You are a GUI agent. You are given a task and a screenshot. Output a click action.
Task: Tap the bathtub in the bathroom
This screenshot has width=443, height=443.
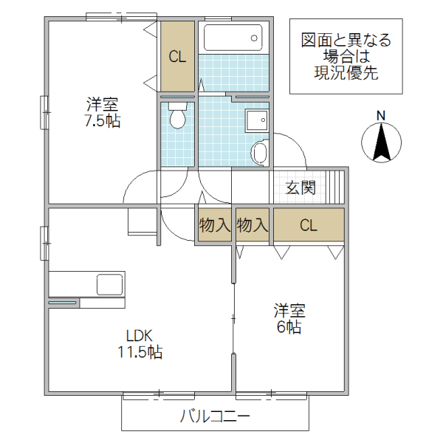click(x=233, y=37)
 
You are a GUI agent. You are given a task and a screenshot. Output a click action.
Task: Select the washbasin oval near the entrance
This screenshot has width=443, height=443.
click(x=259, y=153)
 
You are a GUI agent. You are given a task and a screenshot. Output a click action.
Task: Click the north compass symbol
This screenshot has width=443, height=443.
click(x=382, y=141)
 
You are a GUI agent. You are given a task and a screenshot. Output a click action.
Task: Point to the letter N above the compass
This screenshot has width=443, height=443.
click(x=381, y=115)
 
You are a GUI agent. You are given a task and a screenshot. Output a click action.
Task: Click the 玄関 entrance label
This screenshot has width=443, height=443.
click(x=301, y=188)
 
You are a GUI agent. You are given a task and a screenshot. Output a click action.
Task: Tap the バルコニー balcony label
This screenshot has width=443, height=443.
click(x=215, y=416)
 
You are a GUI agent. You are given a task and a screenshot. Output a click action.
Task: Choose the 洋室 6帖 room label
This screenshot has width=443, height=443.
click(x=289, y=318)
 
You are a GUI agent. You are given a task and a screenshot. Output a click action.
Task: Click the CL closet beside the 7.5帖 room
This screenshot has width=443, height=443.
click(x=177, y=56)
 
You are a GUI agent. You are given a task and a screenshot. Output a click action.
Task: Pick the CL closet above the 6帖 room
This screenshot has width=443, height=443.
click(x=309, y=226)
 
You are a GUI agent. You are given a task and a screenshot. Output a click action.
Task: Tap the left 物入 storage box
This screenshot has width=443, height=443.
click(x=214, y=226)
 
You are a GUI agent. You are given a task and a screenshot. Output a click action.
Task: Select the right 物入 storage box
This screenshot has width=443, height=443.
click(x=253, y=226)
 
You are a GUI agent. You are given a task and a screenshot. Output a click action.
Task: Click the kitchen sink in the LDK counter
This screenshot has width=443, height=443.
click(x=109, y=284)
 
